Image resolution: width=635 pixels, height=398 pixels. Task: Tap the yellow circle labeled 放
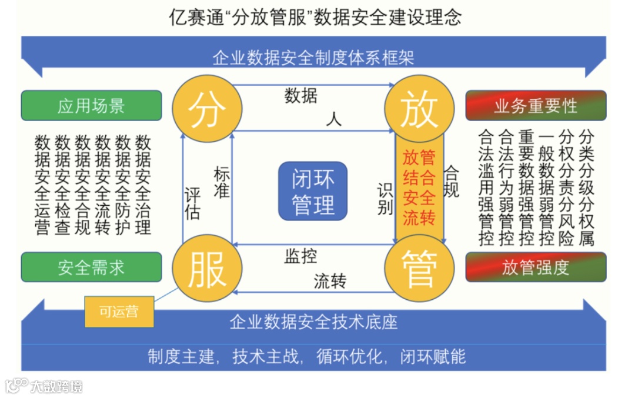419,109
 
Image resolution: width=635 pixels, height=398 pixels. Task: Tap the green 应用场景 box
91,106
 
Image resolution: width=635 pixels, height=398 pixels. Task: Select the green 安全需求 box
91,267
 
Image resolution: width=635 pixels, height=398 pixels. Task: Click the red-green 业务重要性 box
535,106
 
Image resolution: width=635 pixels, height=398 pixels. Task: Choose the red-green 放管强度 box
535,267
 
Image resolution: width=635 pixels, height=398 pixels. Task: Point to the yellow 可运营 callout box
119,312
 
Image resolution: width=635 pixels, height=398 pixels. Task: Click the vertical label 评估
192,203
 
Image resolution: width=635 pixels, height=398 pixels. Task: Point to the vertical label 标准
222,182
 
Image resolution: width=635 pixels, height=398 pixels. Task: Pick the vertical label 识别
385,200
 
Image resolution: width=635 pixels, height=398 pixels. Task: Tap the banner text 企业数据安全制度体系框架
313,58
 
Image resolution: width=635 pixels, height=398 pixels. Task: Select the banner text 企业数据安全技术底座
313,322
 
